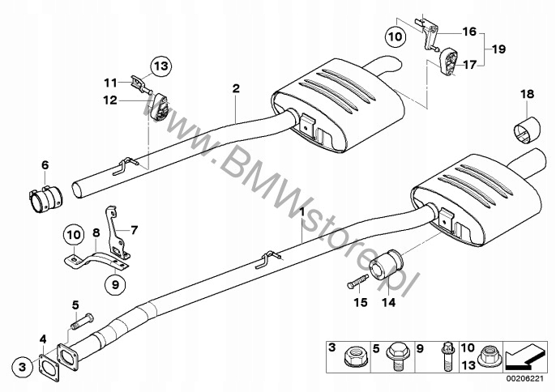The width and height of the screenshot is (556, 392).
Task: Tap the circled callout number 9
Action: click(x=114, y=283)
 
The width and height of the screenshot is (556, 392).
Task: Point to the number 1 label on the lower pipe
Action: click(x=302, y=212)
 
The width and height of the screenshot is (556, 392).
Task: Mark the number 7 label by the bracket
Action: click(x=135, y=229)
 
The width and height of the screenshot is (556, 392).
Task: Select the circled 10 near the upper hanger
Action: click(x=393, y=36)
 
